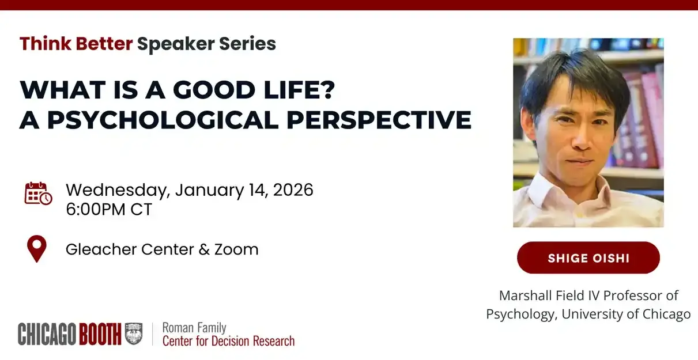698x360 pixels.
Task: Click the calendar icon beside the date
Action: pyautogui.click(x=38, y=194)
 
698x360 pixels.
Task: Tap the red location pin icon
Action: pyautogui.click(x=37, y=248)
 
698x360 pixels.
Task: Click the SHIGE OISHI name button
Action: pyautogui.click(x=588, y=258)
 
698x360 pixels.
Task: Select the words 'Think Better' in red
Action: pyautogui.click(x=76, y=43)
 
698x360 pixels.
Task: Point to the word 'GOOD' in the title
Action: pyautogui.click(x=214, y=90)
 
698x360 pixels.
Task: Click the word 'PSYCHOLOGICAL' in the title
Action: pyautogui.click(x=163, y=120)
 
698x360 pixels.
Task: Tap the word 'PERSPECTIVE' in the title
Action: pyautogui.click(x=379, y=120)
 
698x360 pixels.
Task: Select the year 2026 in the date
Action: pyautogui.click(x=293, y=190)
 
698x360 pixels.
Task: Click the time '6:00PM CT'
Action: pyautogui.click(x=109, y=209)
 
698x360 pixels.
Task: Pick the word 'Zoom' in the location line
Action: pyautogui.click(x=236, y=249)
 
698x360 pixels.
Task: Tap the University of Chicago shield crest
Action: pyautogui.click(x=134, y=334)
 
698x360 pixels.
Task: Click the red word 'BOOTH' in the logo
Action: pyautogui.click(x=100, y=334)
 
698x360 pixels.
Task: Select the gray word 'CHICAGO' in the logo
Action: pyautogui.click(x=47, y=334)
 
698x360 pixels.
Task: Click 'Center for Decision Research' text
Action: pyautogui.click(x=228, y=341)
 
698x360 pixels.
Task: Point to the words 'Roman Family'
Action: pyautogui.click(x=194, y=328)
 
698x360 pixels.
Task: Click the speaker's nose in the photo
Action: pyautogui.click(x=580, y=139)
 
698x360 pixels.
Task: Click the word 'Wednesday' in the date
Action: pyautogui.click(x=118, y=190)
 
